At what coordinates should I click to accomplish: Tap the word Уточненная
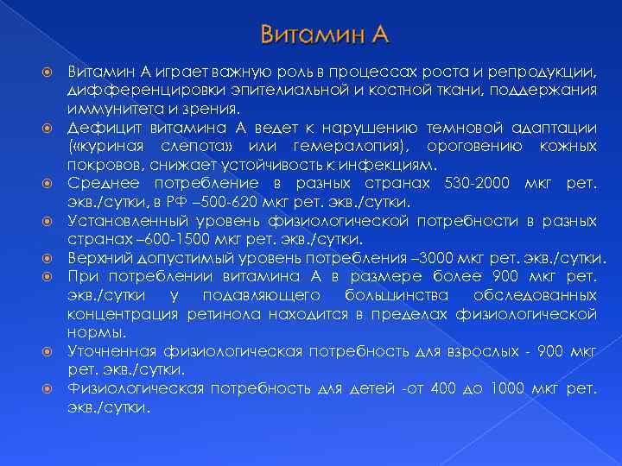[x=111, y=351]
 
